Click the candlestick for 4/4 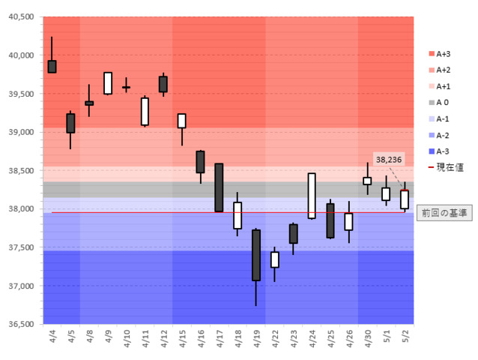[52, 66]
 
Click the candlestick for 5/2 [405, 199]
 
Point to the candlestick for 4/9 [108, 83]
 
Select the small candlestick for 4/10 [126, 88]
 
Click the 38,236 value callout [389, 159]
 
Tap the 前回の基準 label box [443, 213]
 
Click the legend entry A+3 [443, 53]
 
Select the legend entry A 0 [443, 102]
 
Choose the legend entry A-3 [443, 151]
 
